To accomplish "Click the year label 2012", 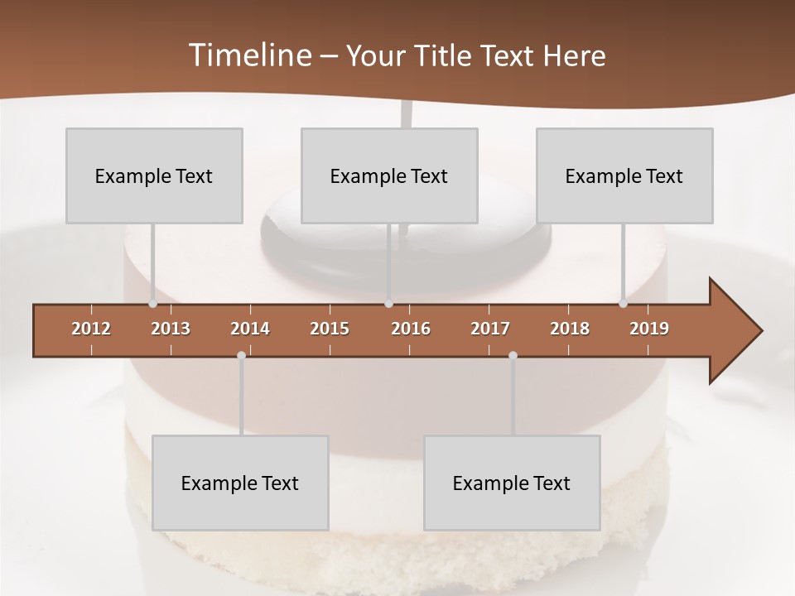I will (x=91, y=329).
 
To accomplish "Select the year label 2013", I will (x=171, y=329).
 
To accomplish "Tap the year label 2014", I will (x=250, y=329).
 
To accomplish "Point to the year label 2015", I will (x=330, y=329).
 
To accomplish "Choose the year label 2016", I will (x=411, y=329).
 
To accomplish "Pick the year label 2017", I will (x=490, y=329).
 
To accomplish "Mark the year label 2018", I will (x=570, y=329).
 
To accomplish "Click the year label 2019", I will (x=649, y=329).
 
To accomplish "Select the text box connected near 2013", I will (x=154, y=175).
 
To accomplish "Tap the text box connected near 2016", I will (x=389, y=175).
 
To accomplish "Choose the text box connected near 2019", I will (x=624, y=175).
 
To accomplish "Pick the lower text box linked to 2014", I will (x=240, y=483).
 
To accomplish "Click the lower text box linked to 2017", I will (x=512, y=483).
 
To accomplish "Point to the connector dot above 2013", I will (x=153, y=304).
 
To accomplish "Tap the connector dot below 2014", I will (x=241, y=356).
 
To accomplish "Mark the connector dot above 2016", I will (x=389, y=304).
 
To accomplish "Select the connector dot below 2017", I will (x=513, y=356).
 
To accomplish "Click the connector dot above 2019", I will (x=624, y=304).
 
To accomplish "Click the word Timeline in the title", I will (x=248, y=55).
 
